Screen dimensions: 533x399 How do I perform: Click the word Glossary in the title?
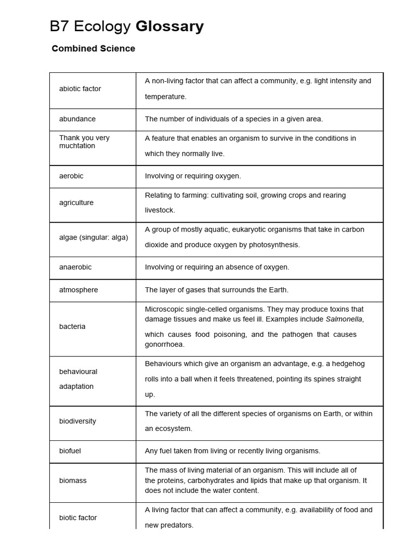point(169,27)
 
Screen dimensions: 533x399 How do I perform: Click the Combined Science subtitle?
point(94,48)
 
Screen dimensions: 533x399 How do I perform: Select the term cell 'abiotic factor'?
point(80,88)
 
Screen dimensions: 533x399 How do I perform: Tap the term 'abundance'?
point(77,119)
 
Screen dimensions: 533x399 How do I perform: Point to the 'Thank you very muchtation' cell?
point(84,142)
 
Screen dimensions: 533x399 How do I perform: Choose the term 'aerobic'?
point(71,176)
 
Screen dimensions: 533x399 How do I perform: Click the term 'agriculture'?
point(76,202)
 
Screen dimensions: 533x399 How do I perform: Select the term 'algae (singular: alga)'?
point(94,237)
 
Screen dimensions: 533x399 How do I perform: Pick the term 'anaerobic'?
point(75,267)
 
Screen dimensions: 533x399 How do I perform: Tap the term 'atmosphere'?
point(78,290)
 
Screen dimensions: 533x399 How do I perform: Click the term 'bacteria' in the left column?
point(72,326)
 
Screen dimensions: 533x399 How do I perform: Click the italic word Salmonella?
point(344,319)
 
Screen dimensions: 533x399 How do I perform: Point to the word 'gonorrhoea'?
point(165,344)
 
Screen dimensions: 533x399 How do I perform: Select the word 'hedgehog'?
point(349,363)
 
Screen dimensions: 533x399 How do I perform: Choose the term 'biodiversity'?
point(77,421)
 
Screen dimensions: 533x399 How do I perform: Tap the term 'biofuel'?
point(70,451)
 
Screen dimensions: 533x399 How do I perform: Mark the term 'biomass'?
point(73,480)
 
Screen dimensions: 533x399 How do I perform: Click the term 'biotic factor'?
point(78,517)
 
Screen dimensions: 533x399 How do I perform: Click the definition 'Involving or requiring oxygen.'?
point(193,176)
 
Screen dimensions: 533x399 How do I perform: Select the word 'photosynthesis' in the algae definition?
point(273,245)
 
